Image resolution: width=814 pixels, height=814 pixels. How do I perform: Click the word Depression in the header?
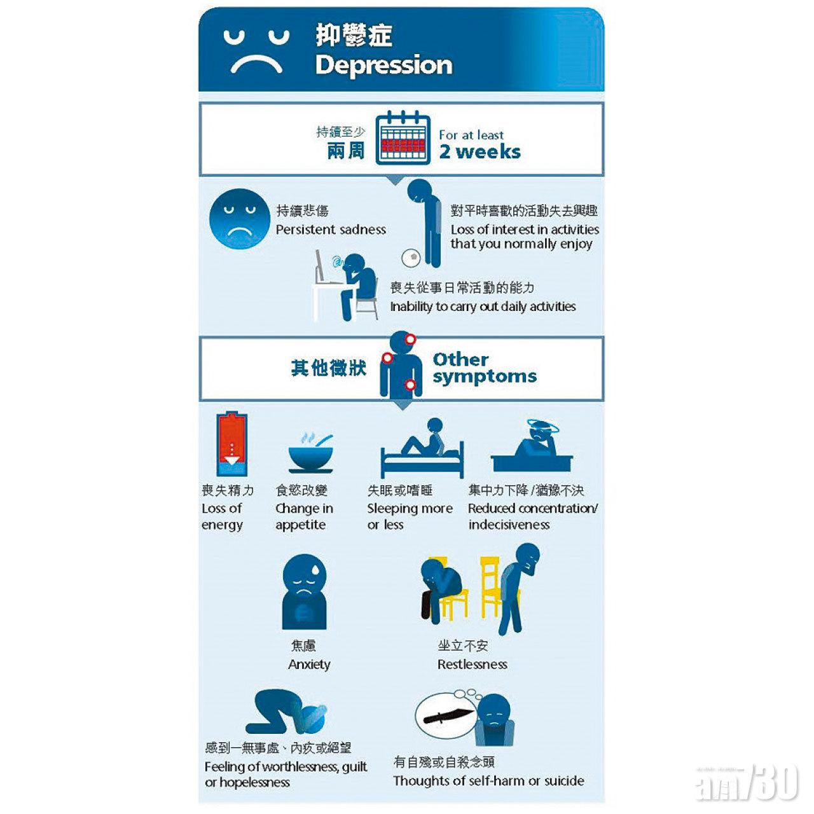[x=383, y=66]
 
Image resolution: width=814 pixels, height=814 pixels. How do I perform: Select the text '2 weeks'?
[x=480, y=151]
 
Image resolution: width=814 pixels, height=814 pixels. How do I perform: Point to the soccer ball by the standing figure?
[x=411, y=258]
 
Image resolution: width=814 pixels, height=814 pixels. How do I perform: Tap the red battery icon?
[x=231, y=445]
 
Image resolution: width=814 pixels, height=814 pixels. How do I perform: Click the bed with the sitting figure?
[x=422, y=460]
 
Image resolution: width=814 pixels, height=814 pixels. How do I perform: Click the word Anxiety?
[x=309, y=665]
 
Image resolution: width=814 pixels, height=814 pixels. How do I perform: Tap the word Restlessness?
[x=473, y=665]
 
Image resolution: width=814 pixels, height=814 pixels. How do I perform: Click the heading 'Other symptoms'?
[x=485, y=368]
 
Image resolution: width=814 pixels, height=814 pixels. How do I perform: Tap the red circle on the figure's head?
[x=410, y=339]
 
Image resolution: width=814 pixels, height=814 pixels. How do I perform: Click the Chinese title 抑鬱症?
[x=354, y=35]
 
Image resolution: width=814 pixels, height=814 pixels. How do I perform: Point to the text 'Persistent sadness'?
[x=331, y=230]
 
